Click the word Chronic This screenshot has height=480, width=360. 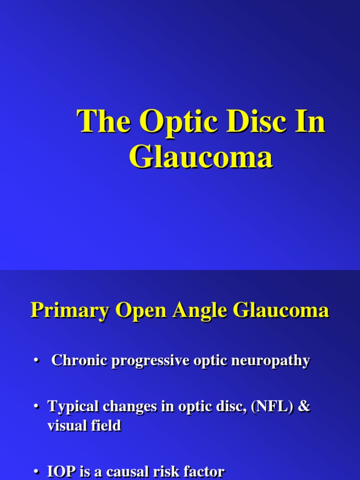click(79, 360)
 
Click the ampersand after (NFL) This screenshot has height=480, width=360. click(304, 406)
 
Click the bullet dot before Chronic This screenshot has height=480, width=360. click(36, 361)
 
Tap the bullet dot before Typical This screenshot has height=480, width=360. click(36, 407)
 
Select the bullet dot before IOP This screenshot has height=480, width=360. click(36, 472)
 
